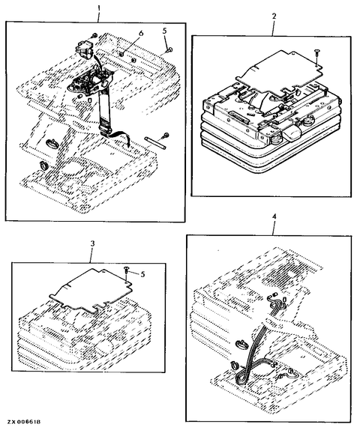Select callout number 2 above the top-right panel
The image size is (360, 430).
coord(274,16)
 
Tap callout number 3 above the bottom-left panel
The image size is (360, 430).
coord(93,243)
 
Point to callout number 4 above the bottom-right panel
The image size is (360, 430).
coord(274,216)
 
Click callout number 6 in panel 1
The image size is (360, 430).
coord(141,33)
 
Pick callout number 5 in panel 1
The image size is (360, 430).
coord(164,31)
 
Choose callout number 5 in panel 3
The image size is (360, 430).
coord(142,274)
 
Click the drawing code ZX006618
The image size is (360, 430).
coord(24,422)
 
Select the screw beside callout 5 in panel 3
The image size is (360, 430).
coord(127,270)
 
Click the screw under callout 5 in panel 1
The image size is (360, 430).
coord(169,49)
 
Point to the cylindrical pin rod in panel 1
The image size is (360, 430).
coord(154,143)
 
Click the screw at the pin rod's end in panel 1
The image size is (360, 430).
coord(166,135)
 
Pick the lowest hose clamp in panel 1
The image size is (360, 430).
coord(43,165)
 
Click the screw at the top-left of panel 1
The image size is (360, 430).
coord(94,35)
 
